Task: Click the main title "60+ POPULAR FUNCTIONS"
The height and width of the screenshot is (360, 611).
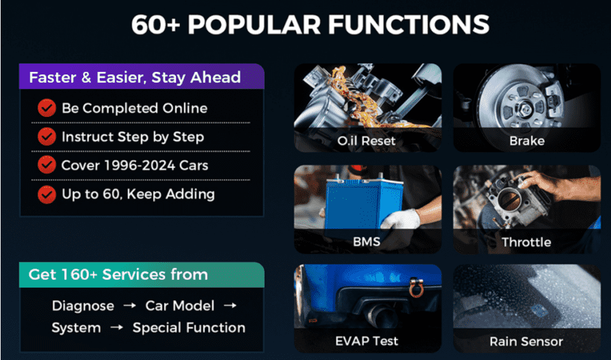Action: [310, 25]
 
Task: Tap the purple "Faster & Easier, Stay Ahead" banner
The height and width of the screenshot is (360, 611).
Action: [142, 76]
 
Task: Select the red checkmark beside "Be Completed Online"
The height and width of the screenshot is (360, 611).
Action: [47, 108]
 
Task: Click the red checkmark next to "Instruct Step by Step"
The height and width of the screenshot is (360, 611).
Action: [47, 137]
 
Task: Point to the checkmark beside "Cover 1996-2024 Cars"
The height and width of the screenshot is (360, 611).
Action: [47, 165]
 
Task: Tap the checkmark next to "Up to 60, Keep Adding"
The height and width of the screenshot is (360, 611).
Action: [47, 194]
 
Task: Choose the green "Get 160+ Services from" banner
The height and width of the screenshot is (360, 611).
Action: [142, 275]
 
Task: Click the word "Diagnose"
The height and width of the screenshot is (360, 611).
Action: [83, 306]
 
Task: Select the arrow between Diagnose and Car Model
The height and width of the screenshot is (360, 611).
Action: [130, 306]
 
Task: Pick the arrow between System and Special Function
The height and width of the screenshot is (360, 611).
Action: [117, 328]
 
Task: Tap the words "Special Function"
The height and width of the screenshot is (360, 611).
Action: [189, 328]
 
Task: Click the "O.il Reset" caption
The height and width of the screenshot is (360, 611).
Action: [366, 141]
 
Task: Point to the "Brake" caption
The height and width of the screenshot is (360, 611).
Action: [527, 141]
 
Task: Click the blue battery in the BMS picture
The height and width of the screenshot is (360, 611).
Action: [360, 204]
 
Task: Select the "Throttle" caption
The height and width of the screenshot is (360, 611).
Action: [526, 242]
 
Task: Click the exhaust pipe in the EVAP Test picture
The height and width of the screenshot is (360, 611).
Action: [381, 314]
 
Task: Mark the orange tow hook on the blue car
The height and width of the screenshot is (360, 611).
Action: [416, 287]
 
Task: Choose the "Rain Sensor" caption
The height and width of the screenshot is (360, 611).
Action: [526, 342]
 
